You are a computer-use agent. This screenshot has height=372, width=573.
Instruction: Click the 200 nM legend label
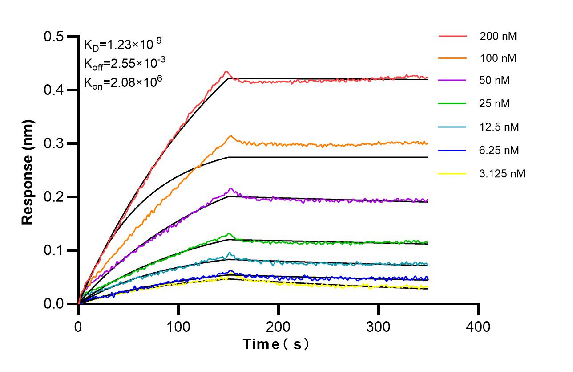[x=498, y=37]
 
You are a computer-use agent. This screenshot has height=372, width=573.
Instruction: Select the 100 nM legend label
[x=498, y=58]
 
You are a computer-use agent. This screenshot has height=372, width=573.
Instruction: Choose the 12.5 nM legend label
[x=499, y=127]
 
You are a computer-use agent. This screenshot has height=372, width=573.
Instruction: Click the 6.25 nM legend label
[x=499, y=151]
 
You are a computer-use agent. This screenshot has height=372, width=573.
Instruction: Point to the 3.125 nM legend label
[x=502, y=174]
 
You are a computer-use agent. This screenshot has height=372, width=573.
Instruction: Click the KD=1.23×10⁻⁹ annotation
[x=122, y=44]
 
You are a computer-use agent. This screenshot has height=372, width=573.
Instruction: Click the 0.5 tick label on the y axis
[x=53, y=37]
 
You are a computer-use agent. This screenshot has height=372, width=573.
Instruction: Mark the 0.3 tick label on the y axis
[x=53, y=143]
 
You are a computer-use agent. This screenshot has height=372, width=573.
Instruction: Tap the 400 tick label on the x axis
[x=478, y=327]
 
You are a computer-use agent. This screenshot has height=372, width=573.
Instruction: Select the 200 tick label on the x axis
[x=278, y=327]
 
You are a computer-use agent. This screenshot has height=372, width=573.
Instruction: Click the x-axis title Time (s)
[x=276, y=344]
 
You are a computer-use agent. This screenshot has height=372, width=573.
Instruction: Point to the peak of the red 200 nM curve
[x=226, y=71]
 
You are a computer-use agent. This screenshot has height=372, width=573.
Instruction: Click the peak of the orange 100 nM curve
[x=230, y=136]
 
